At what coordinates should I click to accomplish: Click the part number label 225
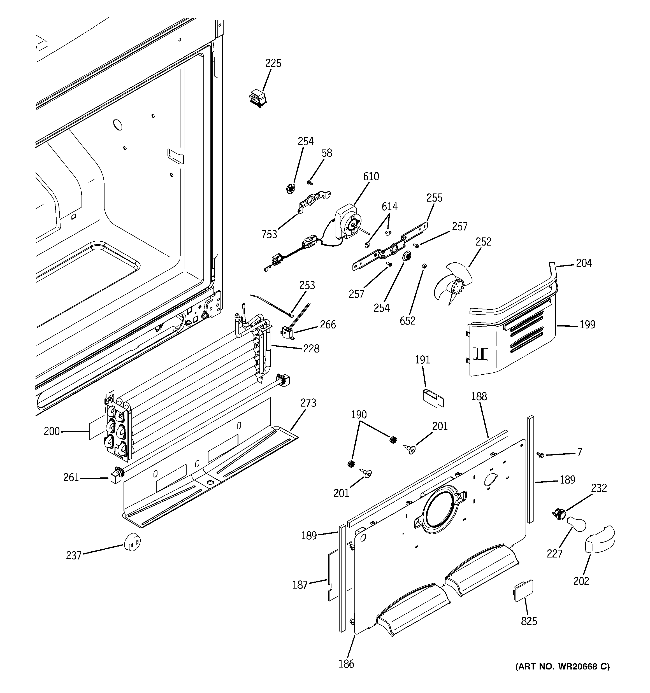pos(273,63)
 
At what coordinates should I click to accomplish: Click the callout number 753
pos(269,235)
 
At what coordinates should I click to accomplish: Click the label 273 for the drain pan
pos(308,403)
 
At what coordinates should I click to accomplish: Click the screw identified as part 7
pos(541,454)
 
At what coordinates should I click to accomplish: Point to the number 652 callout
pos(408,321)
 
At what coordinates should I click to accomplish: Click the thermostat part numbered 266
pos(287,333)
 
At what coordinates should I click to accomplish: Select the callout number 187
pos(300,585)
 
